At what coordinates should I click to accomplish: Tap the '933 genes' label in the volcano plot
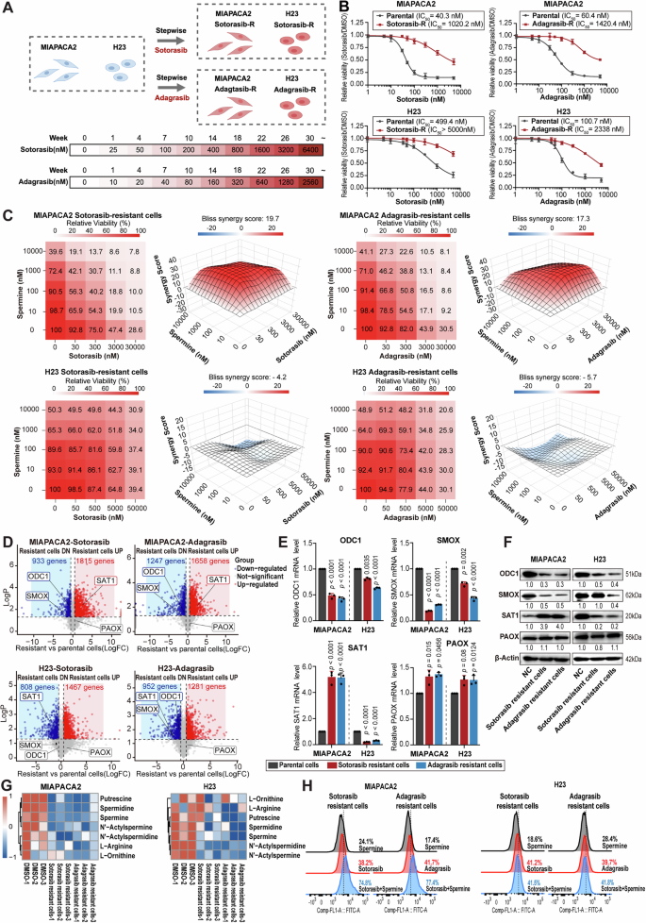coord(47,561)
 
